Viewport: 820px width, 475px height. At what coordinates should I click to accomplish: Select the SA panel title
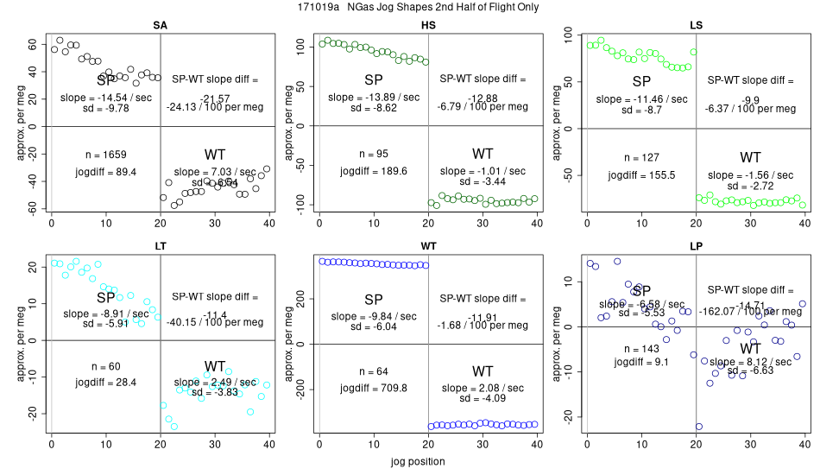160,25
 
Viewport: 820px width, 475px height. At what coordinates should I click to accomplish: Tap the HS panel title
427,25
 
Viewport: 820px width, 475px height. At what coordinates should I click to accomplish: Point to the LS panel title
696,25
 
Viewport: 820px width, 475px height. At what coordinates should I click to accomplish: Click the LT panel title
160,246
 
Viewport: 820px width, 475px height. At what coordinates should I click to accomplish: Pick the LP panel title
696,246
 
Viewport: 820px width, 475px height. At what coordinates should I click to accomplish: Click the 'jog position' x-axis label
410,461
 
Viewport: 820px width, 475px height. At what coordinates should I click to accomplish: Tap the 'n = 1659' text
106,155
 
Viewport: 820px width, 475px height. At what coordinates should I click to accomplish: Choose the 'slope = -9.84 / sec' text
374,315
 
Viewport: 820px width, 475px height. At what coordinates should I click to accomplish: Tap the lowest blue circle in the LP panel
698,427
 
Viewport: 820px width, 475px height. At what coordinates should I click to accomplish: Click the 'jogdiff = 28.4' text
106,382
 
